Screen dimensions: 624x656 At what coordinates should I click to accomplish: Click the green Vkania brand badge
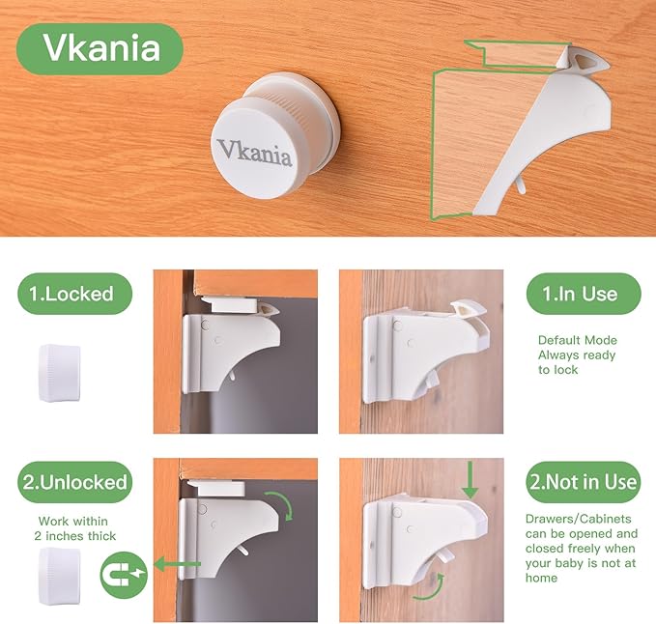tap(100, 48)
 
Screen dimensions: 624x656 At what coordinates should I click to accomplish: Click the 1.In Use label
tap(584, 293)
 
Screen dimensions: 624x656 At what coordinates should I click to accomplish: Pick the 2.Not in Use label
tap(584, 481)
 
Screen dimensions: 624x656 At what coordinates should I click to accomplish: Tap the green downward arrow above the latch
tap(470, 480)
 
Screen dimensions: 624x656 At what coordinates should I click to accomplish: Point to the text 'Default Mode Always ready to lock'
tap(578, 355)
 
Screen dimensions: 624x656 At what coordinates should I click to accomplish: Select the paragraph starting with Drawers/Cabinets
tap(583, 548)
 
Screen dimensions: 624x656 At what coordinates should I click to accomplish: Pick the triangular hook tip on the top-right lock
tap(586, 62)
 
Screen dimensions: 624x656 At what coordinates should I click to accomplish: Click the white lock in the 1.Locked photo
tap(232, 349)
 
